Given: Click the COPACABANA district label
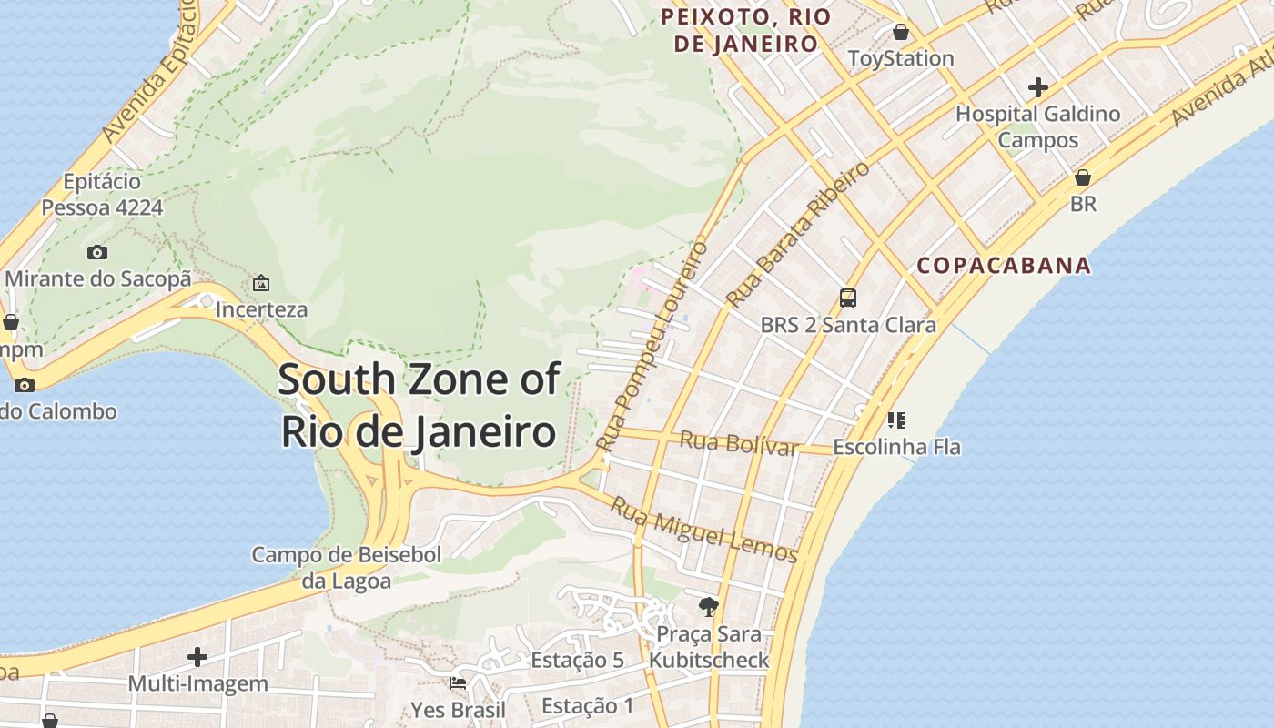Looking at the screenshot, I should click(1004, 266).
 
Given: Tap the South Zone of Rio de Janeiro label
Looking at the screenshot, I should click(419, 405).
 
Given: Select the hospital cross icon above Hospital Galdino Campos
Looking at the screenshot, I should click(1037, 87).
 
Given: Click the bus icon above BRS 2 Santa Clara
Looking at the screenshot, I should click(847, 298).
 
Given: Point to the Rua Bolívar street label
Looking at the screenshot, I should click(739, 444).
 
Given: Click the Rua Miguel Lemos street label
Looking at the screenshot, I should click(703, 530).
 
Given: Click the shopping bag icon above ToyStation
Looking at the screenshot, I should click(901, 33).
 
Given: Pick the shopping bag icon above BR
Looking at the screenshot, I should click(1083, 177).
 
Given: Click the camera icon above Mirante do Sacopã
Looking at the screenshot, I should click(97, 252).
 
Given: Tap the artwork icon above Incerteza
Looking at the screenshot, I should click(261, 283).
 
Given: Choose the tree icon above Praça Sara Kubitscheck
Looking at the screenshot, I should click(708, 606).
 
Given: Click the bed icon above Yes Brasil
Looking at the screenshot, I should click(458, 682).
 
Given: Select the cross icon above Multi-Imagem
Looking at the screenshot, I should click(197, 656).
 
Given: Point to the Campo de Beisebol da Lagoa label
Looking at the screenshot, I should click(347, 568).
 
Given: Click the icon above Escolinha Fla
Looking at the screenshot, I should click(896, 420).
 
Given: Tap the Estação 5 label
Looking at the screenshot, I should click(578, 660).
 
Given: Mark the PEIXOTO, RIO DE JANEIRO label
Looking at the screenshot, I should click(745, 30).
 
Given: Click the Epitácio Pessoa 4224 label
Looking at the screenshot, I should click(102, 195).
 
